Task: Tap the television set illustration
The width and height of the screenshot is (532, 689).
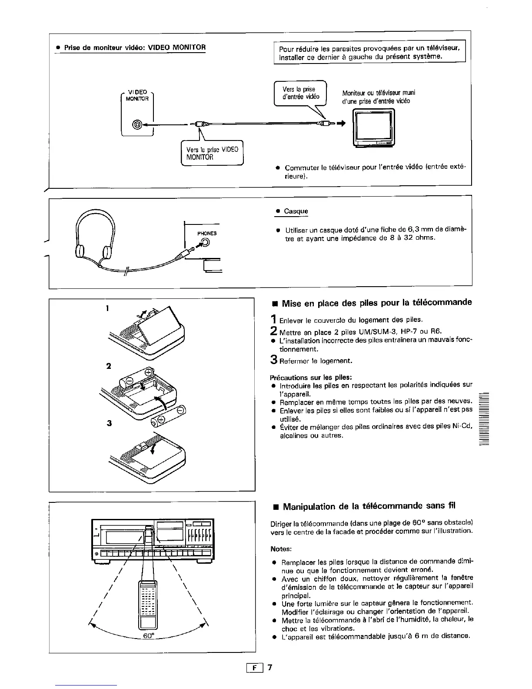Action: point(375,129)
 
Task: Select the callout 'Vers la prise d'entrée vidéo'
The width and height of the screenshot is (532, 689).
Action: point(300,93)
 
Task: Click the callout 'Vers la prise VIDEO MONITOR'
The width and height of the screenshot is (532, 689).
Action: point(212,153)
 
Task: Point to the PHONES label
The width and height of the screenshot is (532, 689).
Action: point(207,234)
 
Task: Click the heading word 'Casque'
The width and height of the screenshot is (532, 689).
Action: point(296,211)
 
